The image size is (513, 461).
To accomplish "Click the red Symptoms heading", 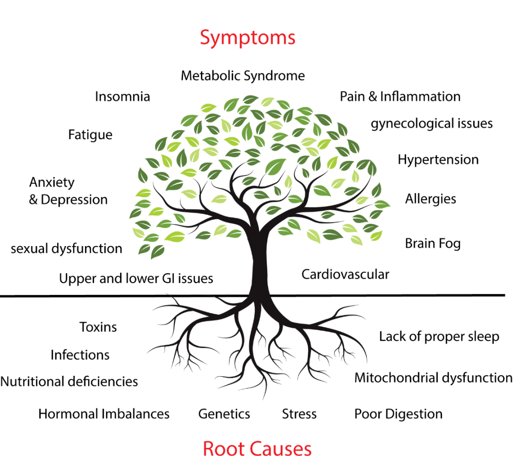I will click(247, 37).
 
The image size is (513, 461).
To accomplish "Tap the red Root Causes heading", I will click(257, 448).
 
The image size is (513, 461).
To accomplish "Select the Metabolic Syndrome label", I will click(243, 76).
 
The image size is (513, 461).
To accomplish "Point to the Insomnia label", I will click(122, 97).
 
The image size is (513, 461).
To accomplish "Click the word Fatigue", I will click(90, 135).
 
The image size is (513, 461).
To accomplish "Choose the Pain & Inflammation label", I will click(400, 97).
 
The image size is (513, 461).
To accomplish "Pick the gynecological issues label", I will click(432, 124).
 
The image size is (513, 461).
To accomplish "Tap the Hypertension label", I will click(438, 160).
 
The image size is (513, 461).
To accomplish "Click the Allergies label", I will click(430, 199).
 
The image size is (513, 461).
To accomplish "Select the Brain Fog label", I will click(433, 244).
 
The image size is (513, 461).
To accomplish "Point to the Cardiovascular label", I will click(345, 274).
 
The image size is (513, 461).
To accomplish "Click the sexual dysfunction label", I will click(66, 248).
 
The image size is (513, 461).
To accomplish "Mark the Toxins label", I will click(98, 327).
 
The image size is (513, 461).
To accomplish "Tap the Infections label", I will click(80, 355).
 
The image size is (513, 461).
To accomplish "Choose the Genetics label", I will click(224, 414).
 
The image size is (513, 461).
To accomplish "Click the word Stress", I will click(299, 414).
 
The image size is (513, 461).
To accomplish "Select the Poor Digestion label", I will click(399, 414).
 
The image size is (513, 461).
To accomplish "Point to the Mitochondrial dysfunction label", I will click(433, 378).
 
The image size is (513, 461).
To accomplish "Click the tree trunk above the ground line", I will click(260, 265).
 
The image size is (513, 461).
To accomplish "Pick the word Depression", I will click(74, 200).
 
